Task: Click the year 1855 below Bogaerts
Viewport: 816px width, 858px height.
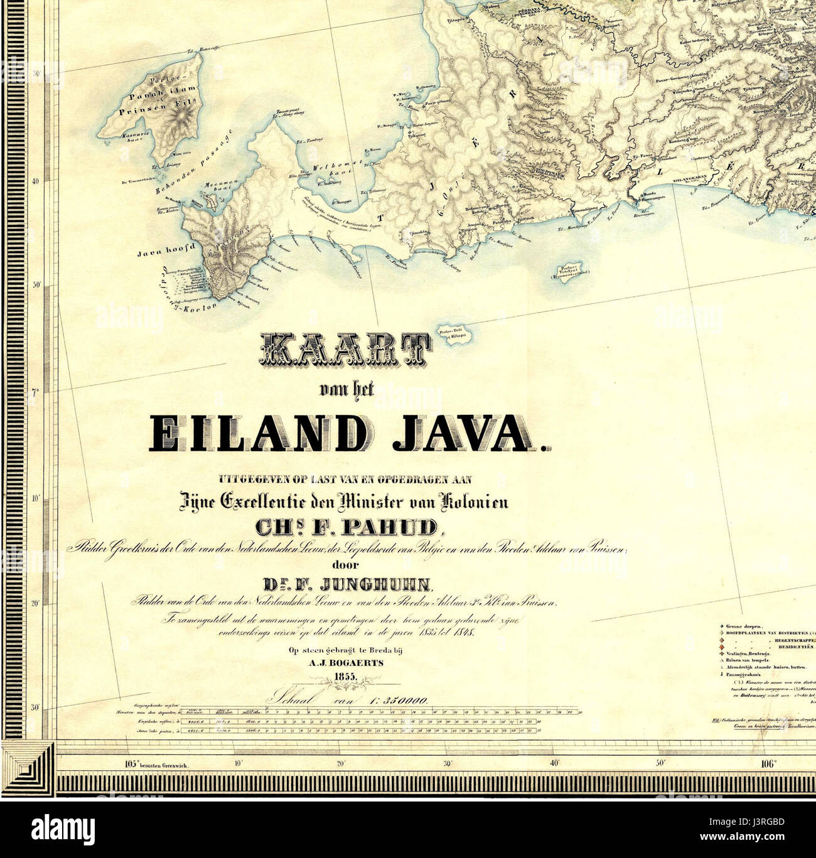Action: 345,675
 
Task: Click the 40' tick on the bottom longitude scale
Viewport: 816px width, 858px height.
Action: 554,764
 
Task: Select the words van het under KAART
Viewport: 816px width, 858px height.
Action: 346,391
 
